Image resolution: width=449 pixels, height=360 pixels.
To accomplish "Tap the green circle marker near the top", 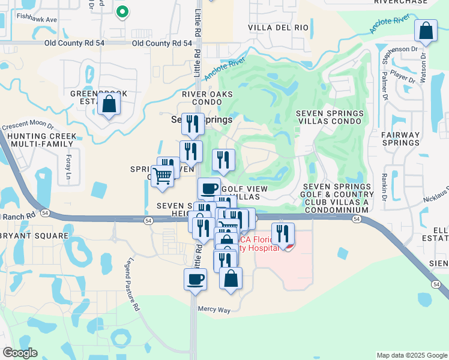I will tap(122, 11).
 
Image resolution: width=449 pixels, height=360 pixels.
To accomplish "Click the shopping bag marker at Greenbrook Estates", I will tap(109, 104).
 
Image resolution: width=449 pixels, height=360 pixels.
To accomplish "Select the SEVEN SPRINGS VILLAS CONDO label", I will tap(330, 117).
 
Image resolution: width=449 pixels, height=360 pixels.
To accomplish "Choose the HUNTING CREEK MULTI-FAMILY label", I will tap(38, 140).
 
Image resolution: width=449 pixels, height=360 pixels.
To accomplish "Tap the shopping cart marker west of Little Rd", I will tap(161, 177).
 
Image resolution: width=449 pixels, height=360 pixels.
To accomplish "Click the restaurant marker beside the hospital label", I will tap(282, 233).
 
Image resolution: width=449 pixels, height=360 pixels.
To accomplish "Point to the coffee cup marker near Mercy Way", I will tap(195, 280).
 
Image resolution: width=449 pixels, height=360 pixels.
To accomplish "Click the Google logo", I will tap(20, 353).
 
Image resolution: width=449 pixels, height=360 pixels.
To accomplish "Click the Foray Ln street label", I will tap(67, 169).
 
